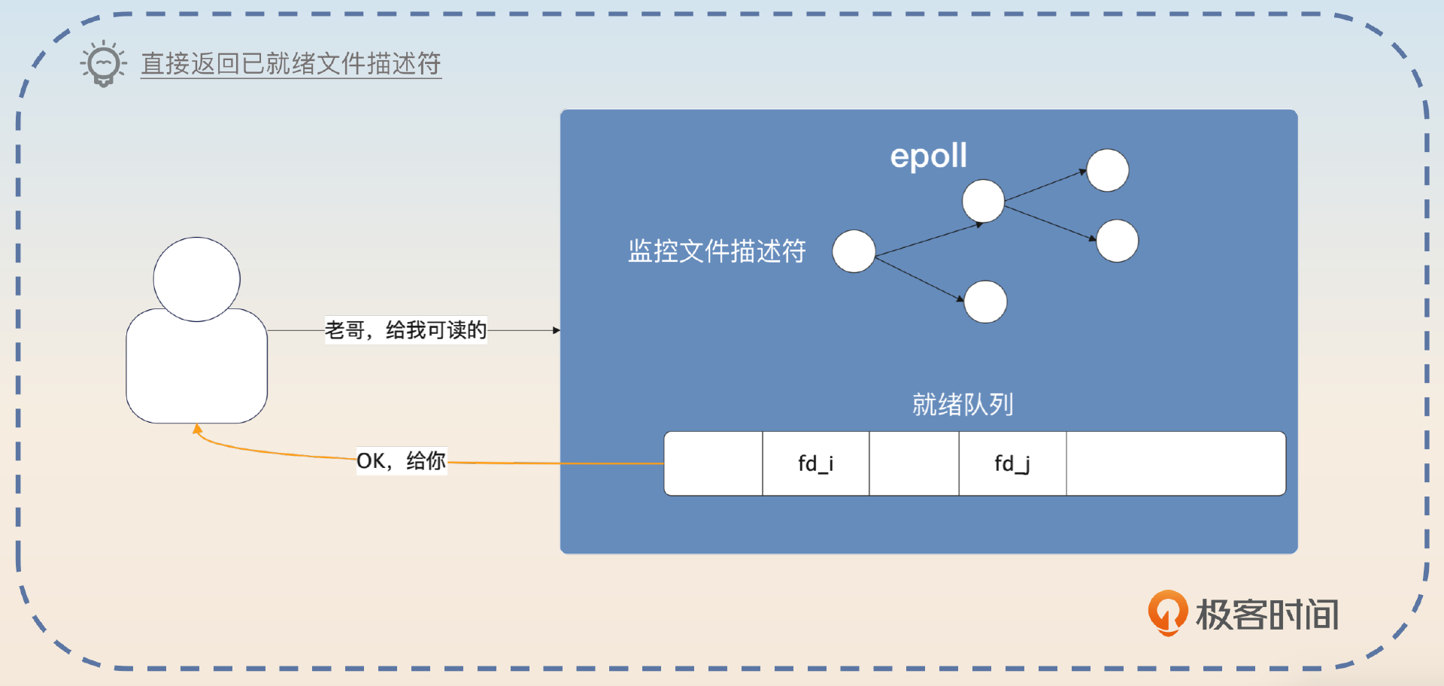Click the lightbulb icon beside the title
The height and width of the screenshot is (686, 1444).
pos(103,63)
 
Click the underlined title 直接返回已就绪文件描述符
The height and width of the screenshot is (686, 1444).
pos(290,63)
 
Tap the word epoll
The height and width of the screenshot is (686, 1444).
pos(928,156)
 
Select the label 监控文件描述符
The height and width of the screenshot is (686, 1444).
pos(717,250)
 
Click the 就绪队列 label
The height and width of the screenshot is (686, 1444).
pos(963,405)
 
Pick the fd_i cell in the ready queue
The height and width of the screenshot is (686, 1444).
pos(816,463)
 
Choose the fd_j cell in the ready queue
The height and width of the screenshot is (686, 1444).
pos(1012,463)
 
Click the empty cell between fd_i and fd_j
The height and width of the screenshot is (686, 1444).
pos(914,463)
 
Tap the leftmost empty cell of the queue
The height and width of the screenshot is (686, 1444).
pos(714,463)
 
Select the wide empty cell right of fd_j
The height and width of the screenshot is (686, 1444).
pos(1176,463)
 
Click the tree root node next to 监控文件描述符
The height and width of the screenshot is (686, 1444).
pos(854,251)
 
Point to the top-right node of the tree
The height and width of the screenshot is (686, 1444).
pos(1107,170)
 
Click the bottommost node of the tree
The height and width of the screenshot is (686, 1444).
pos(985,302)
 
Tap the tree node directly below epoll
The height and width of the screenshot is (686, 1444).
pos(983,201)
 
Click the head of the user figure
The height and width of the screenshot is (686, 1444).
pos(196,278)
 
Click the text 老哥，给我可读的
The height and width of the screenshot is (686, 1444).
pos(405,329)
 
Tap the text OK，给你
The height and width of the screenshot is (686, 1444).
pos(401,460)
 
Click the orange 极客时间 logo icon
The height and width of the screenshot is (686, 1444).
pos(1167,612)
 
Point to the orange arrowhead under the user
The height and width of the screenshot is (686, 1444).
pos(197,430)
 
